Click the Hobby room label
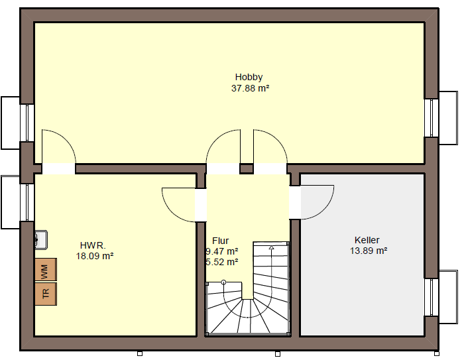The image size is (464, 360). click(x=249, y=78)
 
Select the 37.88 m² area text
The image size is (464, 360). click(x=251, y=88)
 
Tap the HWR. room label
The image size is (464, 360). click(x=93, y=245)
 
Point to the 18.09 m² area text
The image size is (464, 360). click(x=95, y=256)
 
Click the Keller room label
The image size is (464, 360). click(x=367, y=240)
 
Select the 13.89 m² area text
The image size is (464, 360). click(x=369, y=251)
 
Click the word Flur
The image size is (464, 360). click(x=221, y=241)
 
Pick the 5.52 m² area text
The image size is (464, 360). click(x=222, y=262)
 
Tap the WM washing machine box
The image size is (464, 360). click(x=46, y=269)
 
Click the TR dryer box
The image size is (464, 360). click(x=46, y=294)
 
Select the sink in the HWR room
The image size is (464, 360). click(x=41, y=239)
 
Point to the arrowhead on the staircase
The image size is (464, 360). click(x=271, y=247)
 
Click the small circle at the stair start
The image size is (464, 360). click(x=224, y=282)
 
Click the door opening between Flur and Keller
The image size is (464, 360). click(x=295, y=203)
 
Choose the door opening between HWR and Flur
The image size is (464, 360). click(x=201, y=205)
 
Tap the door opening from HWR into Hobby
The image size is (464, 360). click(x=58, y=168)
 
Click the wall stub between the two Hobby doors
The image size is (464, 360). click(x=246, y=168)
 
